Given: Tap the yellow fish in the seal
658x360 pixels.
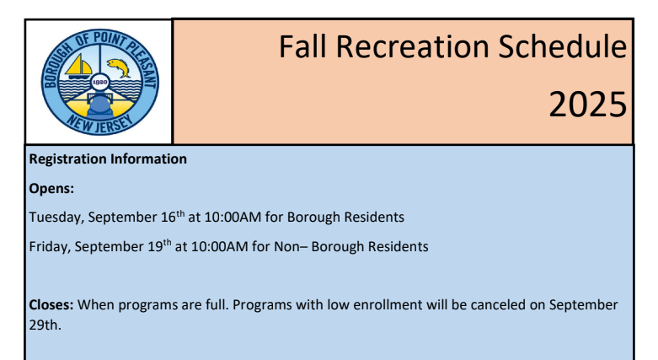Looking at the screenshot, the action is [x=119, y=67].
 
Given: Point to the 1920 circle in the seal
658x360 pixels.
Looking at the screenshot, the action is [x=99, y=83].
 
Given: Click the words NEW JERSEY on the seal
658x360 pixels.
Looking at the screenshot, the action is [x=100, y=124].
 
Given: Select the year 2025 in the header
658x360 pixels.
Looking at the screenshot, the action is [x=588, y=105].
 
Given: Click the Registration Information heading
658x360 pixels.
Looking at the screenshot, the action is [x=108, y=159].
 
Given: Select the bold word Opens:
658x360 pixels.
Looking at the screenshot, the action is [x=51, y=189].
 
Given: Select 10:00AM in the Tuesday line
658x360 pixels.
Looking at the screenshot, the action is [x=233, y=218].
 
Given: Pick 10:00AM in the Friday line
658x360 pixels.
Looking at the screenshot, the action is [x=219, y=246].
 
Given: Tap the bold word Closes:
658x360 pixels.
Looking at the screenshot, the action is [x=51, y=304].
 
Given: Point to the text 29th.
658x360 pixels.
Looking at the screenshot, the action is [x=45, y=325].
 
